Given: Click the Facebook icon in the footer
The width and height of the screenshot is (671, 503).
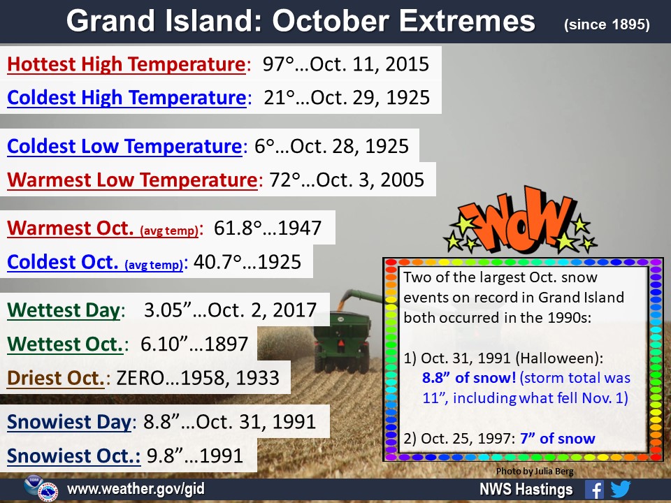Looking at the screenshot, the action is pyautogui.click(x=595, y=489).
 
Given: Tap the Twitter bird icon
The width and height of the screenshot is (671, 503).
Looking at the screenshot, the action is pyautogui.click(x=621, y=489).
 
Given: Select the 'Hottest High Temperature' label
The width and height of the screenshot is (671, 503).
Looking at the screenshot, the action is pyautogui.click(x=127, y=64).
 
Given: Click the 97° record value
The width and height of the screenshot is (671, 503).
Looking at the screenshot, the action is pyautogui.click(x=279, y=64).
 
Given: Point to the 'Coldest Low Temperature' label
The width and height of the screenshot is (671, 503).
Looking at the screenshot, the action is pyautogui.click(x=125, y=146).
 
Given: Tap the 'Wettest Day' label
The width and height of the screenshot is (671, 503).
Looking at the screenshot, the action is pyautogui.click(x=64, y=310).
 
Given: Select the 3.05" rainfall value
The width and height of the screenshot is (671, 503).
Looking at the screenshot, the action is pyautogui.click(x=168, y=310).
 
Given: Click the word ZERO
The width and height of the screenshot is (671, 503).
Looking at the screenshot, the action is pyautogui.click(x=140, y=378).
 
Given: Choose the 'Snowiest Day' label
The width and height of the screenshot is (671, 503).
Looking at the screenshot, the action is pyautogui.click(x=69, y=422).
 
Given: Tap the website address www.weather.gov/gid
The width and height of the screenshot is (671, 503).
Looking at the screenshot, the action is pyautogui.click(x=136, y=489).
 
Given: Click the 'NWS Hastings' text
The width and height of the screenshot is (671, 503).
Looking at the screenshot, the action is pyautogui.click(x=526, y=489).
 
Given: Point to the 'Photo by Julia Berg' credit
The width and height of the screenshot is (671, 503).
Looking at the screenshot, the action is pyautogui.click(x=535, y=472).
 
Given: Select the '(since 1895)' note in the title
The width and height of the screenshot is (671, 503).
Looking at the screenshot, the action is pyautogui.click(x=607, y=24).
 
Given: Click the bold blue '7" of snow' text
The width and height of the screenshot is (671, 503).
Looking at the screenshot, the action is pyautogui.click(x=558, y=439).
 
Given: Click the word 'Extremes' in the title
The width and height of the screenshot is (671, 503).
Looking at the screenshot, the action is pyautogui.click(x=468, y=21).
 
